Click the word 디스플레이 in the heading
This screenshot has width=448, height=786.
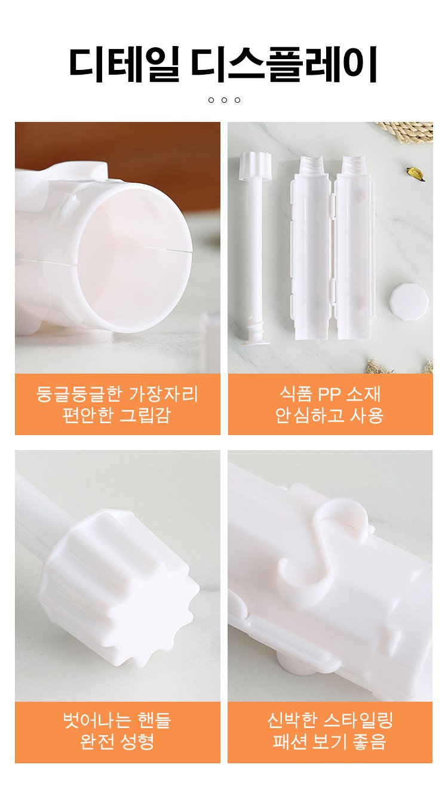(x=284, y=63)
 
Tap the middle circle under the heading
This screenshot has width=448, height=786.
(x=224, y=100)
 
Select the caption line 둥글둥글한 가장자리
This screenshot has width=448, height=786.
(x=117, y=394)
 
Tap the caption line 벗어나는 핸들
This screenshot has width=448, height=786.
(x=117, y=720)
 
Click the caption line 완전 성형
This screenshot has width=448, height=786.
(x=117, y=742)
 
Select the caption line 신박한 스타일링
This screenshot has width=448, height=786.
(x=330, y=720)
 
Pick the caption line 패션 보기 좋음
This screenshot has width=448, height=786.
(x=330, y=742)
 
